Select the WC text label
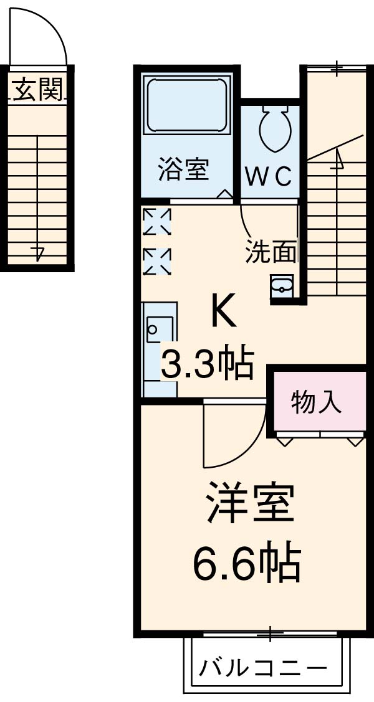click(x=268, y=177)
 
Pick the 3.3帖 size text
click(x=208, y=364)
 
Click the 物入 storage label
click(x=317, y=403)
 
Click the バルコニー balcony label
click(x=262, y=669)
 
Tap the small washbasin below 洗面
click(x=281, y=286)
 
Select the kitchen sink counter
click(x=160, y=349)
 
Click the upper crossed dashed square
click(x=156, y=221)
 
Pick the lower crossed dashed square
click(x=156, y=262)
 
